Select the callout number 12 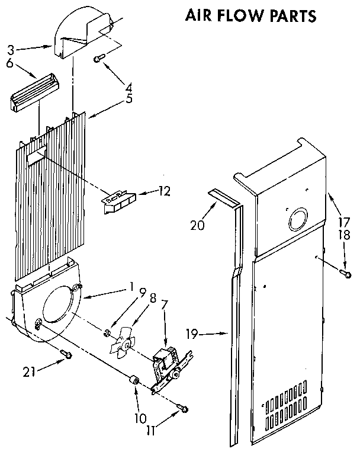click(x=165, y=191)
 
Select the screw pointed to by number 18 click(x=343, y=271)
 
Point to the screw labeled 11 click(x=185, y=408)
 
